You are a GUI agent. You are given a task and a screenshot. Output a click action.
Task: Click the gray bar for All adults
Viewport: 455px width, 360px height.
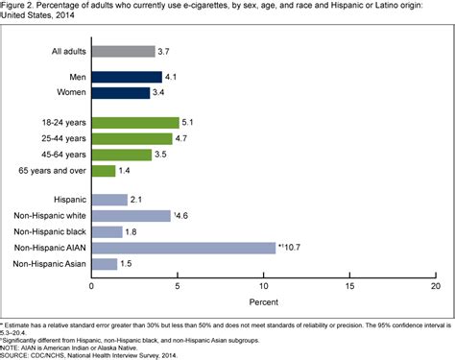click(123, 51)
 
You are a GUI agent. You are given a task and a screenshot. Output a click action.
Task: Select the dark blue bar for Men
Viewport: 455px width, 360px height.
click(127, 77)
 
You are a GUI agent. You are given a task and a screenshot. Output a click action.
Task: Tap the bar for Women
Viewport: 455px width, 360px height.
click(121, 92)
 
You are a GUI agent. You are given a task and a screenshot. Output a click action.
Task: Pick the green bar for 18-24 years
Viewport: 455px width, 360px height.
click(135, 122)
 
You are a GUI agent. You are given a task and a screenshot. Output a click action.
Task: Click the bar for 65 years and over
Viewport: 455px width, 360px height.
click(104, 170)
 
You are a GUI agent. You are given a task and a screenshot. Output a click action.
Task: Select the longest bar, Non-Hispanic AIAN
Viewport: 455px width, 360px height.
click(183, 247)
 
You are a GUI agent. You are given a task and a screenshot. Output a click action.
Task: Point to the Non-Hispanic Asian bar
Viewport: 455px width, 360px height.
click(104, 263)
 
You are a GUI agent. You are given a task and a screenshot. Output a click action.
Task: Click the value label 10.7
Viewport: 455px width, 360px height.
click(292, 247)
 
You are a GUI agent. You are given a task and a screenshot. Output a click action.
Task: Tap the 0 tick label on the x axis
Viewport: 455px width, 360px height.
click(92, 286)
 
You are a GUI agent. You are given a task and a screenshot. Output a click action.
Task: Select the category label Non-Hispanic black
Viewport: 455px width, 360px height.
click(45, 231)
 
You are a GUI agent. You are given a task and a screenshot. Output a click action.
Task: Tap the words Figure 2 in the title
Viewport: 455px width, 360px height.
click(17, 5)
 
